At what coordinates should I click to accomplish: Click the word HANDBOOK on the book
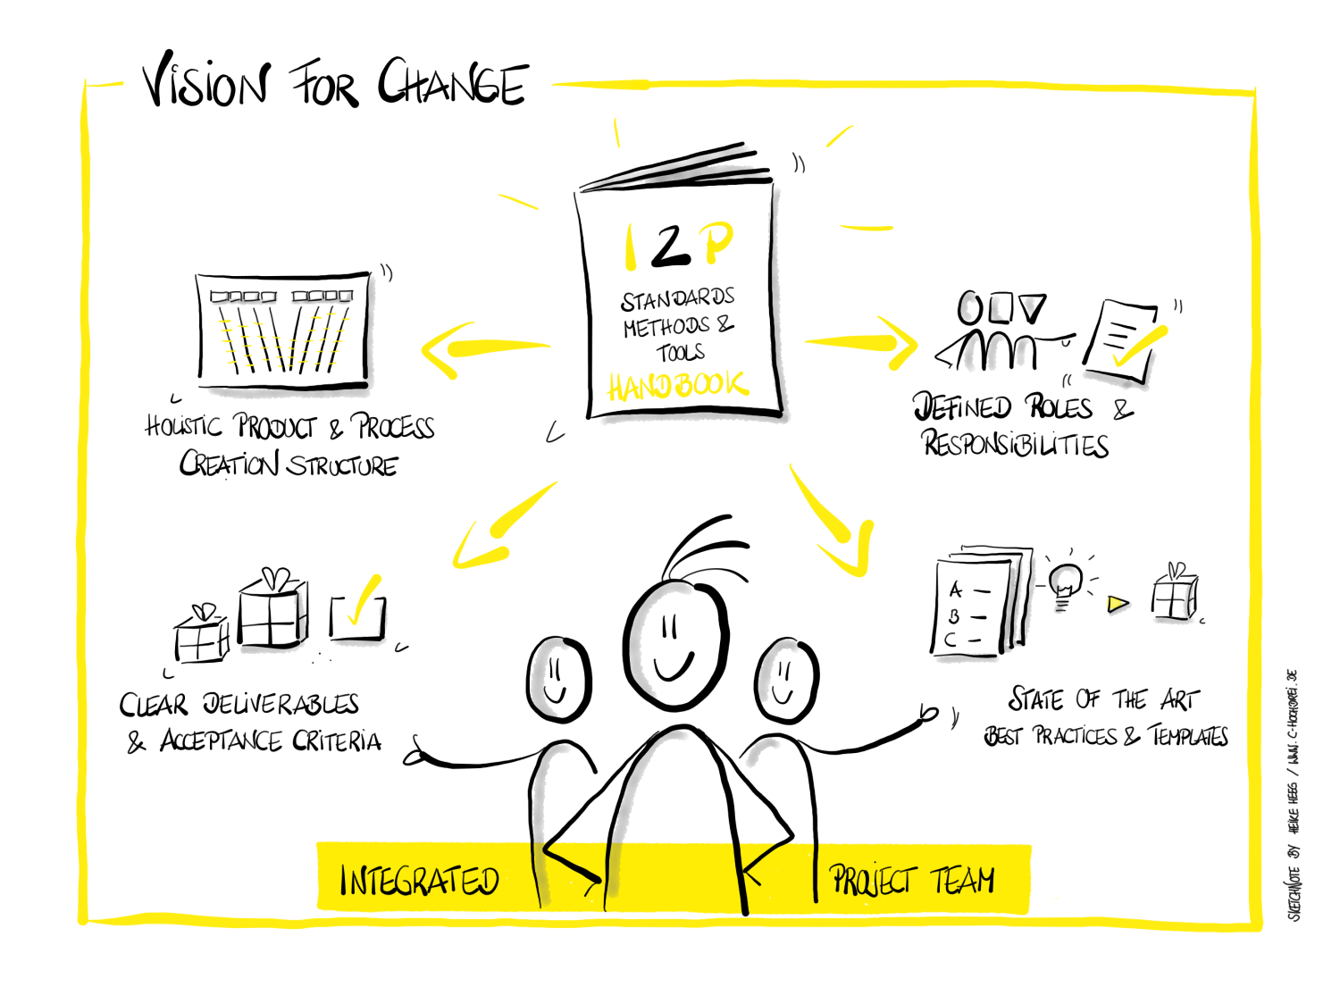click(677, 386)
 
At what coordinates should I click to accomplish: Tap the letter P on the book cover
click(716, 241)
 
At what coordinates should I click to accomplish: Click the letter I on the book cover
click(630, 247)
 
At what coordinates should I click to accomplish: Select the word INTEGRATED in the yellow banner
click(419, 881)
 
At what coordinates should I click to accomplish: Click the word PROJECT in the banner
click(873, 880)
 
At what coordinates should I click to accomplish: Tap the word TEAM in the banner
click(964, 880)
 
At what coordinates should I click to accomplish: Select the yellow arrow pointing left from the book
click(482, 348)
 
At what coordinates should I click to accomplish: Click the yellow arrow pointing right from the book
click(862, 343)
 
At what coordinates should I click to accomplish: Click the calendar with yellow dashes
click(290, 339)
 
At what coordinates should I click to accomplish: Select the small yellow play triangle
click(1115, 605)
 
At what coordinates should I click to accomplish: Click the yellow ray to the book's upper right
click(839, 136)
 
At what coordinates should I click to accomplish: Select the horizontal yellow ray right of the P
click(867, 228)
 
